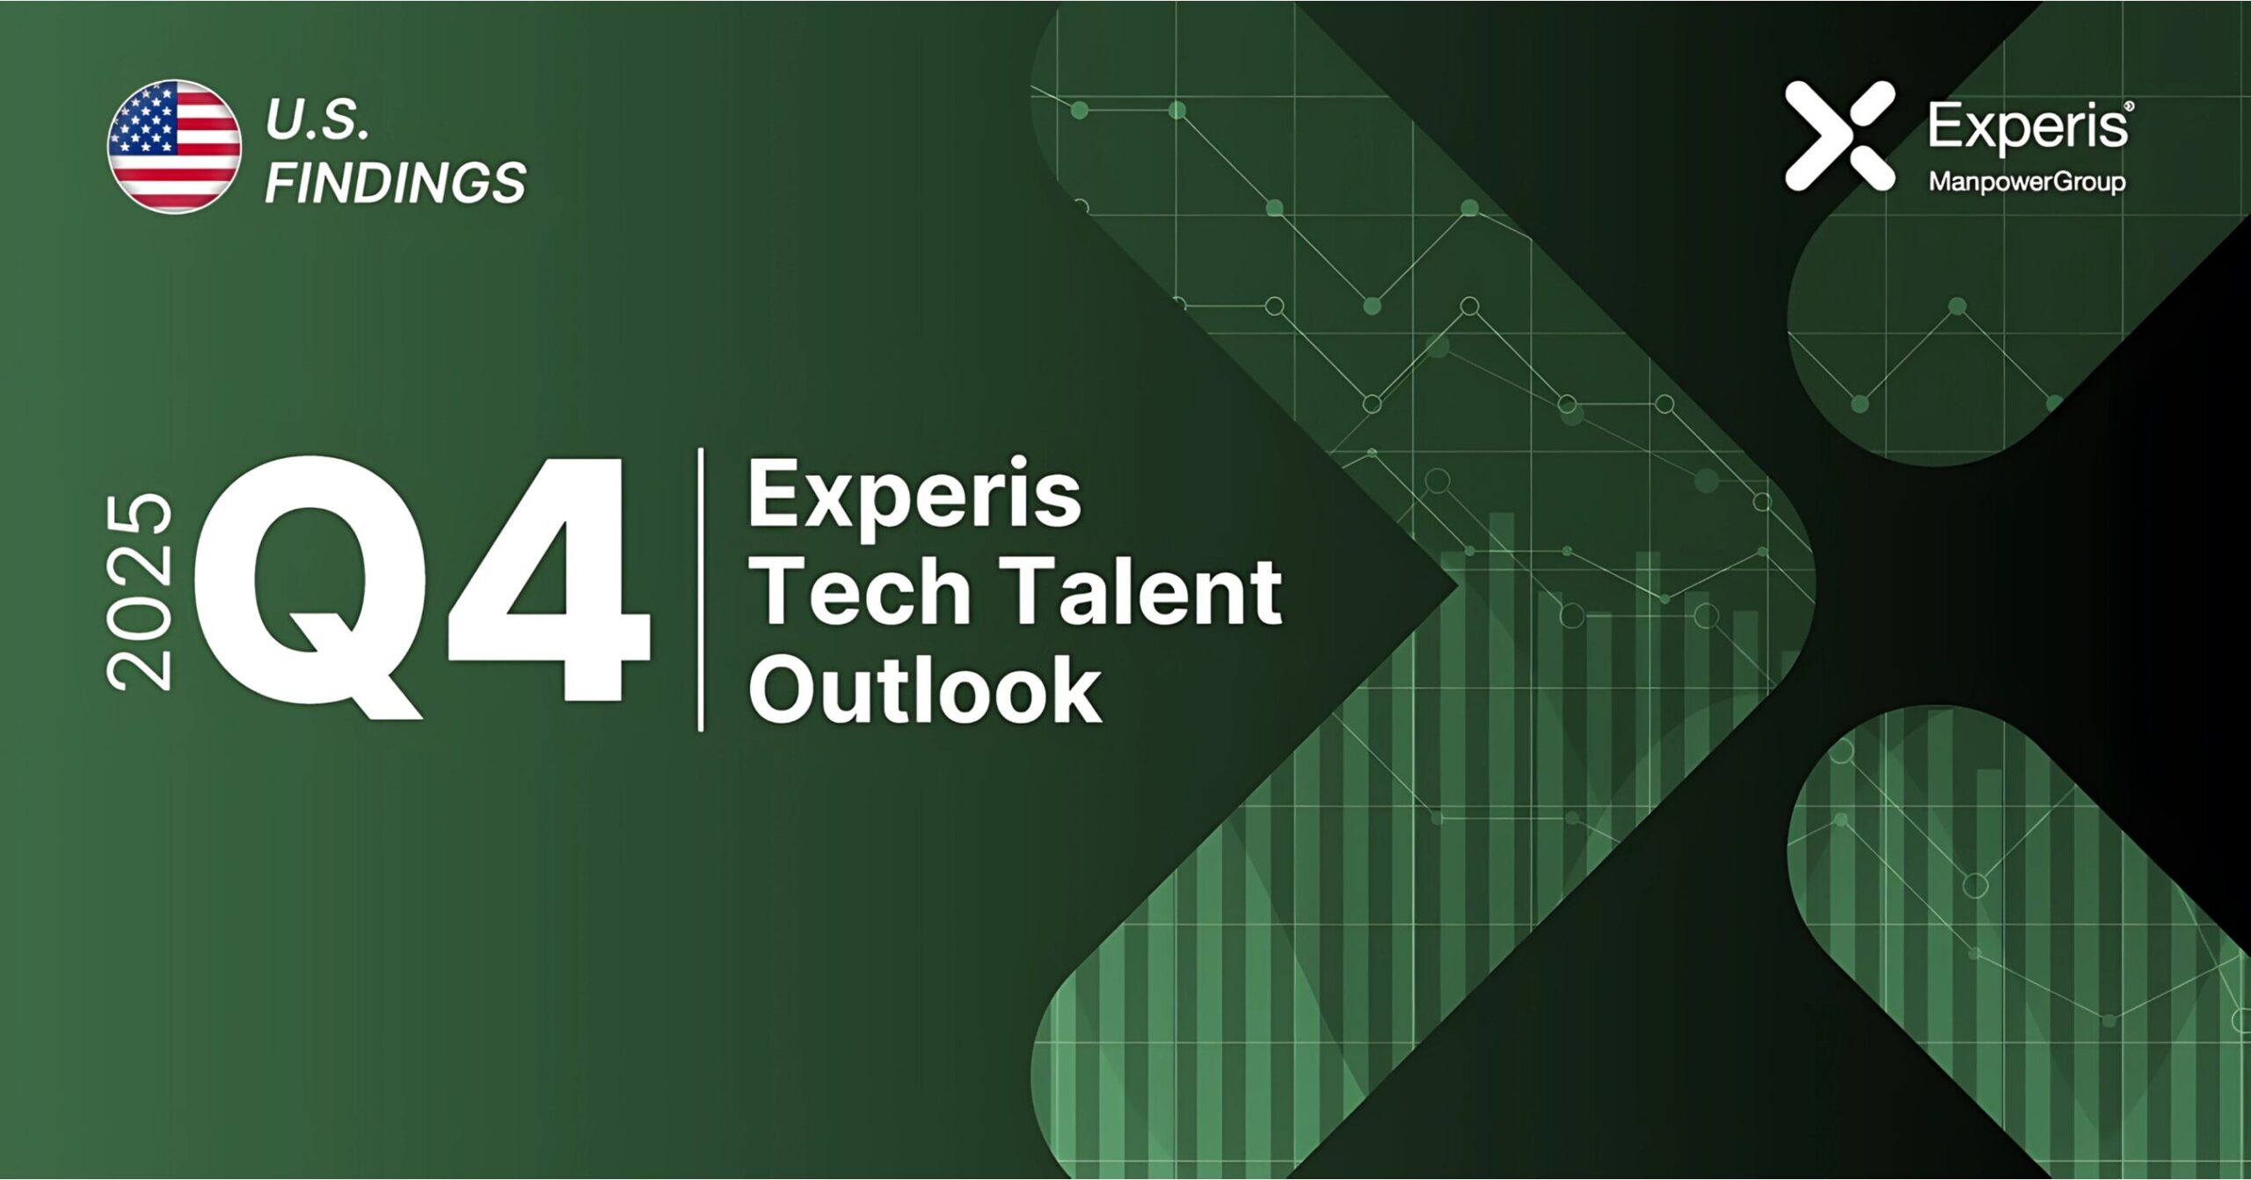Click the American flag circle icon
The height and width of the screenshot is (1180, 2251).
[174, 146]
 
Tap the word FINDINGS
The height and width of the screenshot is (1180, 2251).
[395, 182]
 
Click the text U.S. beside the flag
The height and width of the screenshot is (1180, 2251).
[317, 120]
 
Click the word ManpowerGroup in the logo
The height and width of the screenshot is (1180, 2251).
[2027, 182]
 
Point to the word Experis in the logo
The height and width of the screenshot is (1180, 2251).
[2027, 127]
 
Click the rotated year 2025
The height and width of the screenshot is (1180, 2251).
[139, 591]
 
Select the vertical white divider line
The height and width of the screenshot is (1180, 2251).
[701, 589]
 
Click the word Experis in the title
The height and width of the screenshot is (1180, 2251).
[914, 495]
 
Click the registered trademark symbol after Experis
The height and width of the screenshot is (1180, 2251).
[2129, 106]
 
